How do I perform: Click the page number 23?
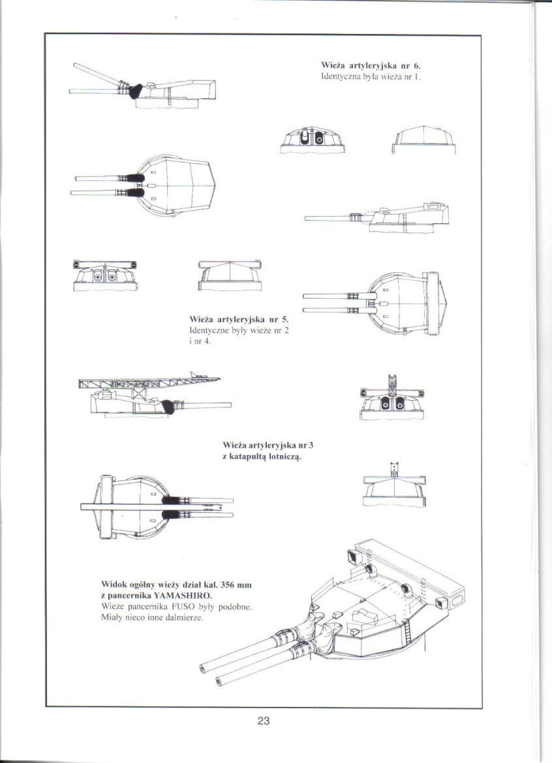pyautogui.click(x=263, y=721)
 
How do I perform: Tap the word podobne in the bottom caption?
pyautogui.click(x=236, y=606)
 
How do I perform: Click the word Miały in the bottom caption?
pyautogui.click(x=114, y=617)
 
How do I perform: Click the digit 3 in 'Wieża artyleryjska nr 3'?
pyautogui.click(x=312, y=445)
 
